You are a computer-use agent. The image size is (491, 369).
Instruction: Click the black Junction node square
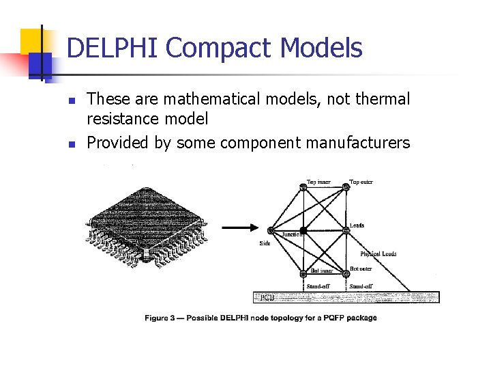pos(304,230)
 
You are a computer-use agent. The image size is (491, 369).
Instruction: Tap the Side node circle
pos(271,230)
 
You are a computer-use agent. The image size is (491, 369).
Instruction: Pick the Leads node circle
pos(346,230)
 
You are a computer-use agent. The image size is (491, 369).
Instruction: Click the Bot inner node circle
pos(303,275)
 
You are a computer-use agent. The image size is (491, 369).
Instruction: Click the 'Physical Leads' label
pos(378,254)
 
